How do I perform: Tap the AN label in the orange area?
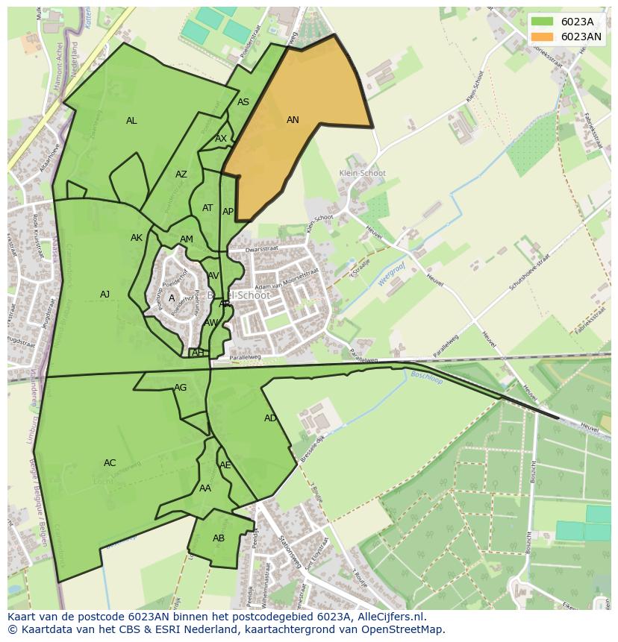(x=293, y=119)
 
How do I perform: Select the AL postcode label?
(x=131, y=120)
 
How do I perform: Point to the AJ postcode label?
(x=104, y=295)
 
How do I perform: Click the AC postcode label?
(x=110, y=463)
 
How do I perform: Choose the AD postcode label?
(x=270, y=418)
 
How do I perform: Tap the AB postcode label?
(x=219, y=538)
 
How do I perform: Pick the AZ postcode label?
(x=181, y=174)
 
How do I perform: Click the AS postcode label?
(x=243, y=102)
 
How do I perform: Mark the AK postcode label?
(x=137, y=238)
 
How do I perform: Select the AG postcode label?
(x=181, y=388)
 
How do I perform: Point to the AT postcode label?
(x=207, y=208)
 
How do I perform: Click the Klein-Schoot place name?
(x=362, y=173)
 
